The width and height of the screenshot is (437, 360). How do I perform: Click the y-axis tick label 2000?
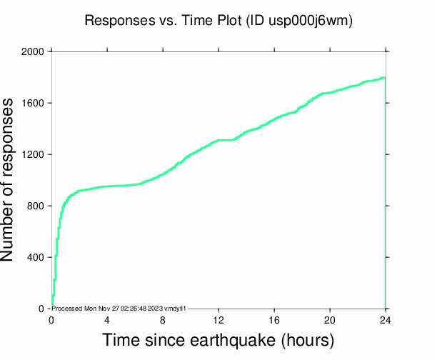pyautogui.click(x=32, y=52)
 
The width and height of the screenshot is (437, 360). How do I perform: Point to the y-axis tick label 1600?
pyautogui.click(x=32, y=104)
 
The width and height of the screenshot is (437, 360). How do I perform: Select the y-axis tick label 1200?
pyautogui.click(x=32, y=155)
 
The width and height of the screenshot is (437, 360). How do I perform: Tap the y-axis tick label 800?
pyautogui.click(x=35, y=206)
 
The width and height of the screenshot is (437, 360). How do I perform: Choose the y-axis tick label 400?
pyautogui.click(x=35, y=258)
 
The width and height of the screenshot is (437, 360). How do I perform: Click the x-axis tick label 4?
pyautogui.click(x=107, y=320)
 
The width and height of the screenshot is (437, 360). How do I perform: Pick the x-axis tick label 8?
pyautogui.click(x=163, y=320)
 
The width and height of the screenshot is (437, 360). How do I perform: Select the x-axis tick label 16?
pyautogui.click(x=274, y=320)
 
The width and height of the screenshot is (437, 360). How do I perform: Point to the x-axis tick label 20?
pyautogui.click(x=330, y=320)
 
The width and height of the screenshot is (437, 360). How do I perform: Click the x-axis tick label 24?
pyautogui.click(x=386, y=320)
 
